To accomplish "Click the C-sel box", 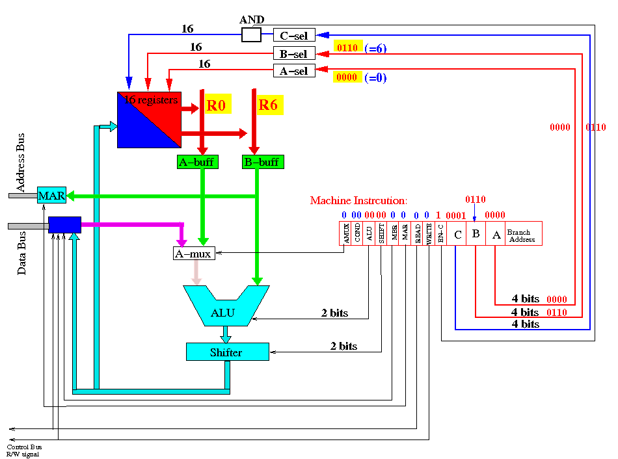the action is click(x=294, y=35).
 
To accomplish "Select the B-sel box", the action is click(x=294, y=53).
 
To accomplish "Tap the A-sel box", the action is click(x=294, y=70).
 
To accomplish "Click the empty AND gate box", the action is click(x=251, y=34).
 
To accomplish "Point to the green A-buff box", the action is click(x=198, y=162).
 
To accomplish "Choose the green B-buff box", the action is click(x=263, y=162).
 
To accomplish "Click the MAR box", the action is click(x=51, y=195).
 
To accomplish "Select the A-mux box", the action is click(x=194, y=254).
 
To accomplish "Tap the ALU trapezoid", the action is click(x=226, y=306).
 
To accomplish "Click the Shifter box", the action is click(x=228, y=352).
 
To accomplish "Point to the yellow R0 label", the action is click(x=217, y=105).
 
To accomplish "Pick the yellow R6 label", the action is click(x=269, y=105).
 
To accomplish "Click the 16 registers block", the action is click(x=150, y=120).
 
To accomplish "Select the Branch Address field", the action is click(x=524, y=233).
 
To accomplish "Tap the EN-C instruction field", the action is click(x=440, y=233).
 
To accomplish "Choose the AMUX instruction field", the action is click(x=345, y=233).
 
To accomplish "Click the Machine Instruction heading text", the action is click(x=358, y=200).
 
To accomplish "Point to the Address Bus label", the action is click(x=21, y=163).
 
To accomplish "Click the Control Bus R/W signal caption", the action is click(x=24, y=451).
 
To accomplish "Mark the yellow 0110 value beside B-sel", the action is click(x=347, y=47).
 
